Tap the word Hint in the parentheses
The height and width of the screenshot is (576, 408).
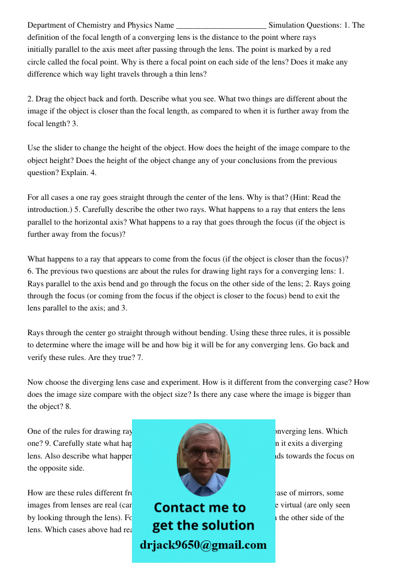[x=309, y=198]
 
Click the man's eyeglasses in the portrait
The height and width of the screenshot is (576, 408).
[x=203, y=452]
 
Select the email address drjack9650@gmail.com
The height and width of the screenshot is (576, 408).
[x=203, y=545]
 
